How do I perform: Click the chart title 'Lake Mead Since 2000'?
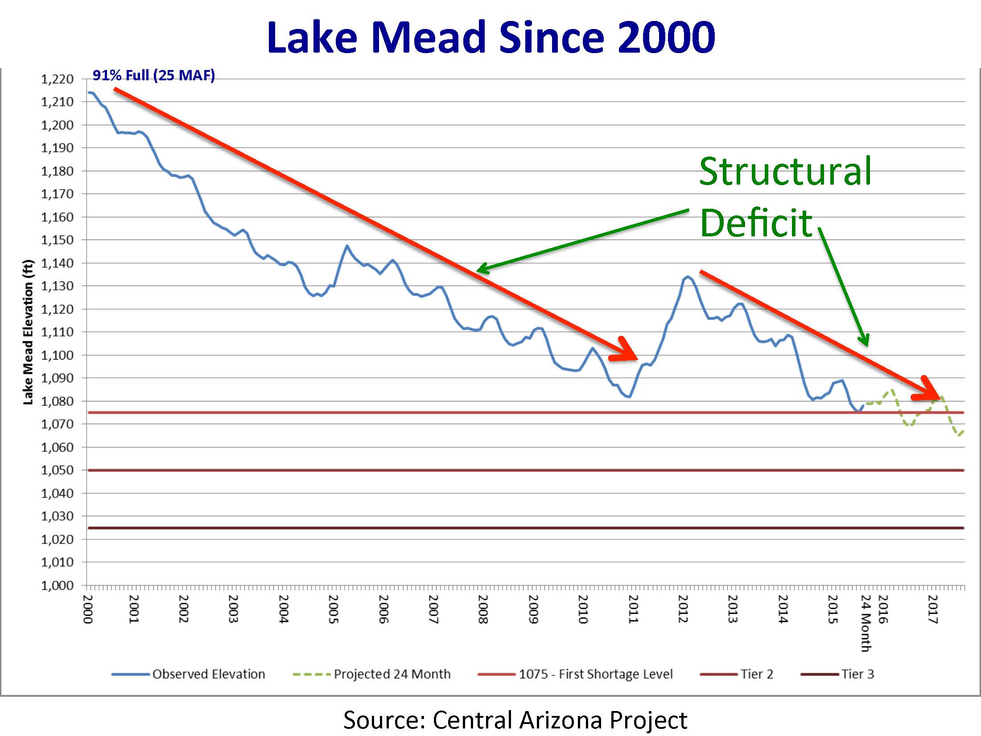[490, 37]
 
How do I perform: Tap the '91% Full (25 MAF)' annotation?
[153, 75]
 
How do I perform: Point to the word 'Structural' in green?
[785, 172]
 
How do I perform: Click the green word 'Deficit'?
[756, 223]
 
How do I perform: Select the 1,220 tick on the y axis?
[57, 79]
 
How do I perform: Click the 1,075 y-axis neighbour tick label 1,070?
[57, 424]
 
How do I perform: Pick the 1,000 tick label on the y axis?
[57, 585]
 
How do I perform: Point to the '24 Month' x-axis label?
[866, 623]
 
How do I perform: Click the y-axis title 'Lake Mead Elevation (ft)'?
[28, 332]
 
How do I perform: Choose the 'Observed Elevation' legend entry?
[208, 674]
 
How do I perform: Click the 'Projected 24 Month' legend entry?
[392, 674]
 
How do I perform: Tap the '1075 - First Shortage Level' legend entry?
[595, 674]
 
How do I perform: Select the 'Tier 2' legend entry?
[756, 674]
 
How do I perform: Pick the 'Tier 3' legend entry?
[857, 674]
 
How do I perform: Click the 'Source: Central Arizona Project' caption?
[515, 720]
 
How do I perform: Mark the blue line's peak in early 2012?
[687, 277]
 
